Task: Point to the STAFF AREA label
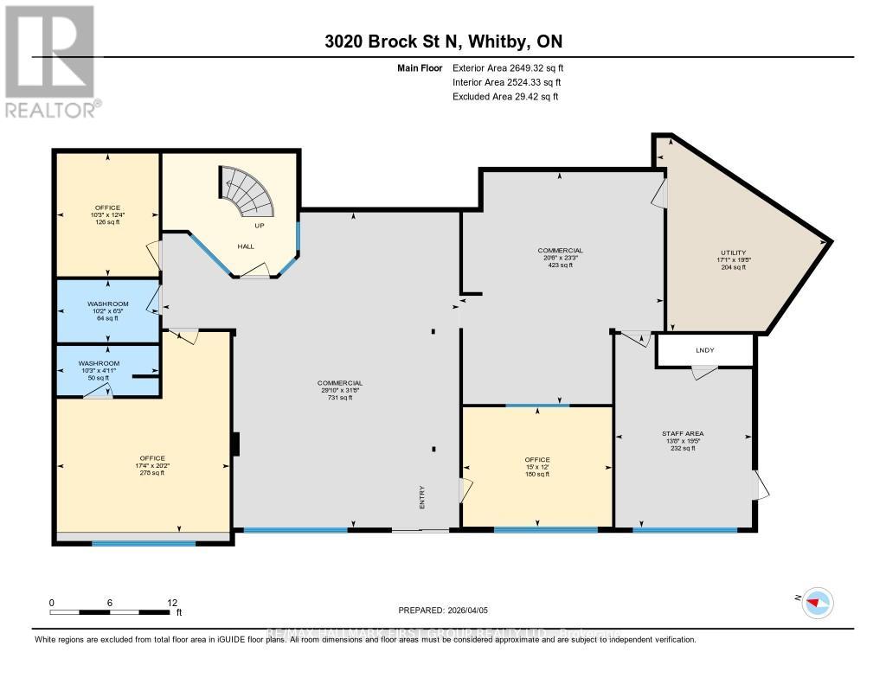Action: tap(679, 440)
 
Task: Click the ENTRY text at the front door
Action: tap(422, 496)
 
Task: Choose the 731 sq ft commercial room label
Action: tap(338, 390)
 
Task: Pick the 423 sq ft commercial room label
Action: tap(561, 258)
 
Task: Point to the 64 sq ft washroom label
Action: tap(107, 311)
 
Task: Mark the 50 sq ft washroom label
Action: tap(99, 371)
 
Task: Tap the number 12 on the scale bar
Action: tap(172, 602)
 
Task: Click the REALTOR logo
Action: tap(51, 61)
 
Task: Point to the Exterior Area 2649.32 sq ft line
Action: tap(510, 67)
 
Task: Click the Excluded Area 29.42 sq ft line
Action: tap(505, 97)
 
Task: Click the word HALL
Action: tap(246, 246)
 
